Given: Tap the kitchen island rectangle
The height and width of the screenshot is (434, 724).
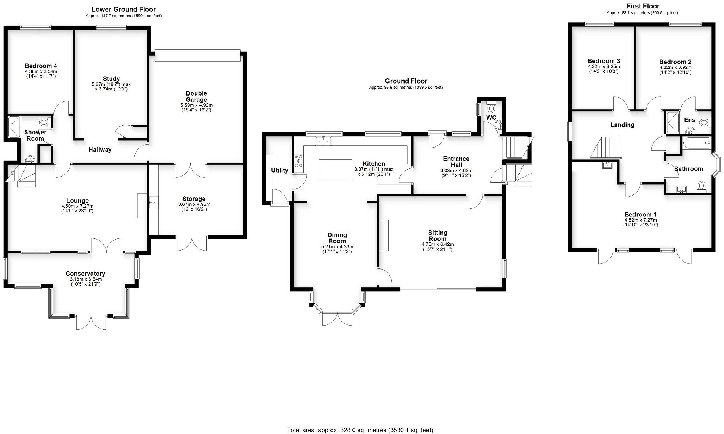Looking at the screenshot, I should point(335,169).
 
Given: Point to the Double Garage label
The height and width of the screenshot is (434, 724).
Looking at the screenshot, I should point(196,96).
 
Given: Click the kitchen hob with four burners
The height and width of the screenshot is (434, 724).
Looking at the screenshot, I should point(299,162).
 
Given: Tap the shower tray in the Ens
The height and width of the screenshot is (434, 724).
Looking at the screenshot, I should point(672,122).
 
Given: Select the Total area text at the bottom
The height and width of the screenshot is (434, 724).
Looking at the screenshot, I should point(360,430).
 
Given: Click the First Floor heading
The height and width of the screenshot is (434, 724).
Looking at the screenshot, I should point(643,6).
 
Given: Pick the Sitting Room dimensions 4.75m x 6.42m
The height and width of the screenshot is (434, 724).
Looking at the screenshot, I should point(437,244).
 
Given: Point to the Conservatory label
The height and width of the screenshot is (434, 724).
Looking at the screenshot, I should point(85,274).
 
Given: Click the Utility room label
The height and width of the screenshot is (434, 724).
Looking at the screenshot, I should point(280,170).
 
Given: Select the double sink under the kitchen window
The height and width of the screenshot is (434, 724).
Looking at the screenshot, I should point(323,140).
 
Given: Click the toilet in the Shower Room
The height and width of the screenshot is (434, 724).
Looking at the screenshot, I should point(44,122).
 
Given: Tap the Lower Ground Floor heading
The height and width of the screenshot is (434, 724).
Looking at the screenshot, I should point(123,10).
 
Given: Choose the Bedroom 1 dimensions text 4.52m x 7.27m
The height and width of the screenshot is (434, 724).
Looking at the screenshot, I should point(640,220).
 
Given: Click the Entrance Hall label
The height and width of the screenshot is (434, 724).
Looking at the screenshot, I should point(456,162).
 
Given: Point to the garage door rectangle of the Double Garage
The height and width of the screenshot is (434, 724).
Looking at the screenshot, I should point(197,55).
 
